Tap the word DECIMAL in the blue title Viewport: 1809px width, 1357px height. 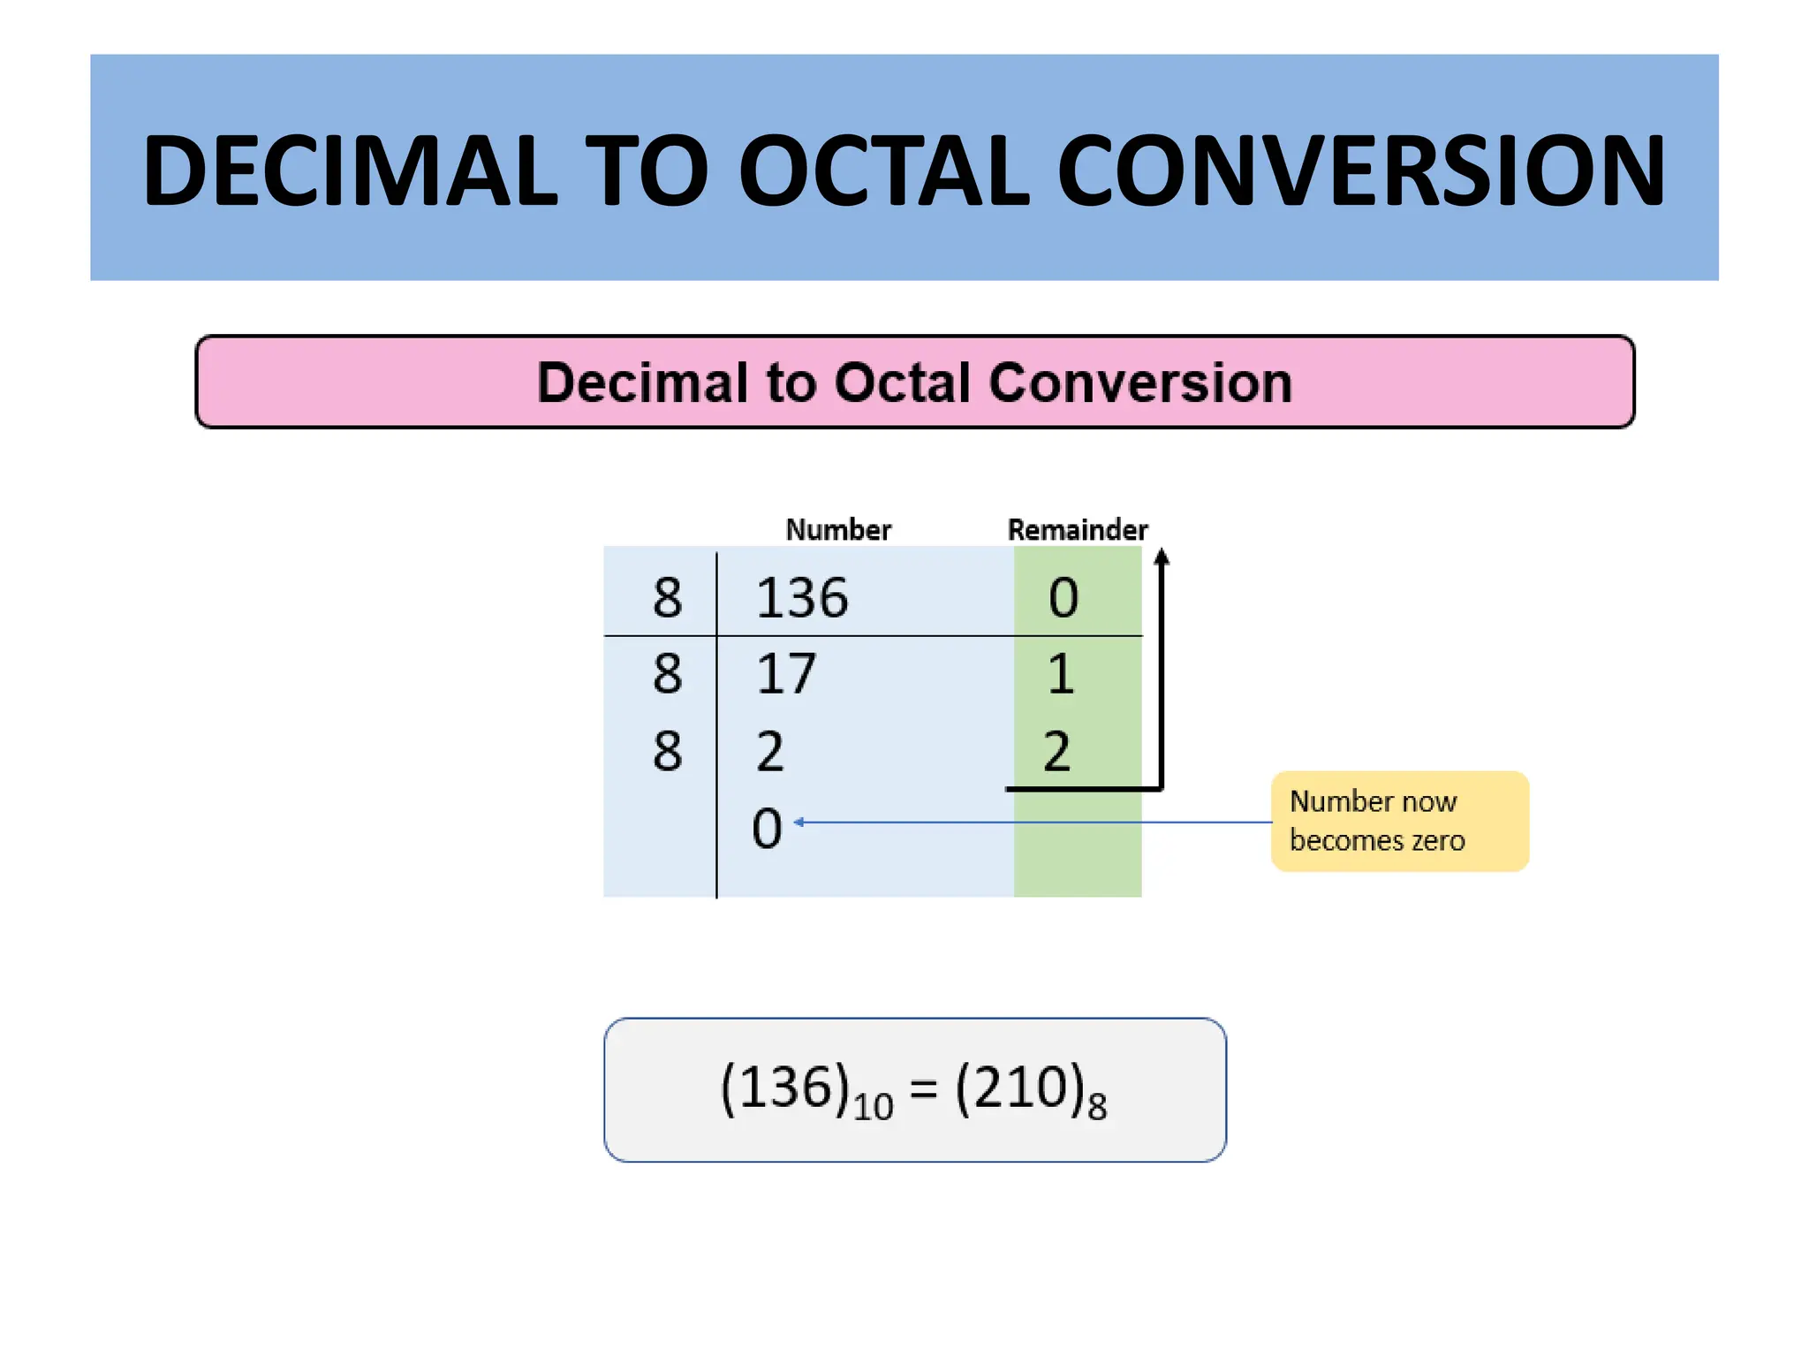click(x=350, y=171)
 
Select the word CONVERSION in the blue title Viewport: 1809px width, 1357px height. click(x=1360, y=171)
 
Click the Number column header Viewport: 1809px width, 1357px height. click(x=838, y=529)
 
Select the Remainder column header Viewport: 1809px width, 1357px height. click(x=1077, y=529)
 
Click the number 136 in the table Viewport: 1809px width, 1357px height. click(x=802, y=598)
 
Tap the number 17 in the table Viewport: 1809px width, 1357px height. click(x=786, y=674)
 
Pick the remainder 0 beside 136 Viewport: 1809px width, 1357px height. click(x=1063, y=598)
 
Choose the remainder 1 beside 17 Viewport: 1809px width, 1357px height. click(x=1061, y=674)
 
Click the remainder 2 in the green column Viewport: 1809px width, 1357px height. click(x=1057, y=752)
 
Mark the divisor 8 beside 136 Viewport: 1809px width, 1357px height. click(x=668, y=598)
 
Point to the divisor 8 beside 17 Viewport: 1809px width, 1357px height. click(x=668, y=674)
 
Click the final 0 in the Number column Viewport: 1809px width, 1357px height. click(x=767, y=829)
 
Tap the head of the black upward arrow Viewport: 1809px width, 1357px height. click(x=1162, y=557)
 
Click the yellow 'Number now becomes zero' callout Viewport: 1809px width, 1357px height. click(x=1399, y=821)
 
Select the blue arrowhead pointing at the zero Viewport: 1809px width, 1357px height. click(x=799, y=823)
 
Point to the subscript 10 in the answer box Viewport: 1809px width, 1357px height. click(x=873, y=1106)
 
